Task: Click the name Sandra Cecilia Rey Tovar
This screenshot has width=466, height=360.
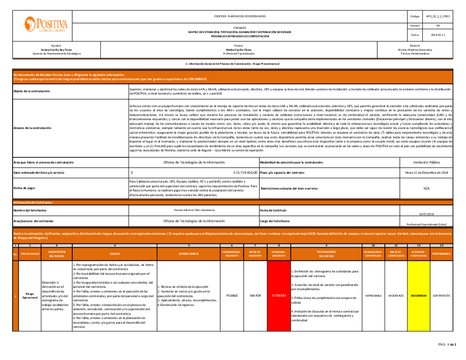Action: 56,49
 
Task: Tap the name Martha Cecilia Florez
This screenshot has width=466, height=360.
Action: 239,49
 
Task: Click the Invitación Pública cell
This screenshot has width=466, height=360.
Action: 426,162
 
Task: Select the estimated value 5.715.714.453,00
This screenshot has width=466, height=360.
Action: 239,172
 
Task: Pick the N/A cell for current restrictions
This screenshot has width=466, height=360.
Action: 426,189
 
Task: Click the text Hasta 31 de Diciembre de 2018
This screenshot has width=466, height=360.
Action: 426,172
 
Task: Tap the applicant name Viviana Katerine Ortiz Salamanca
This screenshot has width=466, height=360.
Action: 193,211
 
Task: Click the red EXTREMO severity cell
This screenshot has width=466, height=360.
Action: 279,295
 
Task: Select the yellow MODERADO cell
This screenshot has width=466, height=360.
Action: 419,295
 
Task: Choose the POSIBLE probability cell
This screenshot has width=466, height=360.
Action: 232,295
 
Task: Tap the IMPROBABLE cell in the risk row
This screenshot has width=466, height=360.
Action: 373,295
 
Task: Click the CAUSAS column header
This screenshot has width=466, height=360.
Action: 115,254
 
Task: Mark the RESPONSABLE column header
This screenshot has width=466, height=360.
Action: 441,254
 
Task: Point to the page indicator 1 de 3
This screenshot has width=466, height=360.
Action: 451,345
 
